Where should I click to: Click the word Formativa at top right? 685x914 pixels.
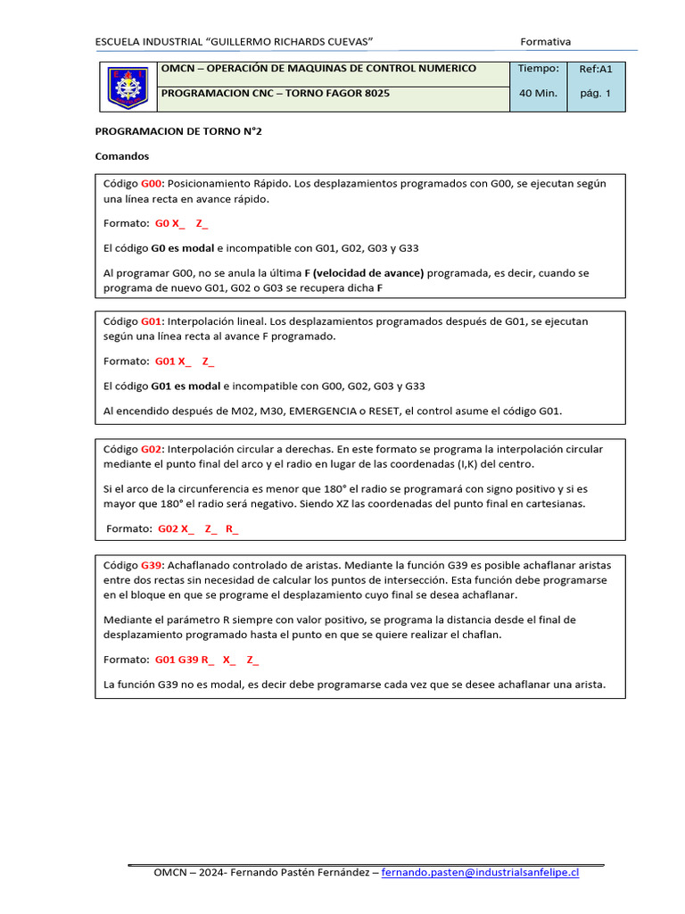pos(545,41)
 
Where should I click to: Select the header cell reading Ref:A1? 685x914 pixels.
pos(596,69)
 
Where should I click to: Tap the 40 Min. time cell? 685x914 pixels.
pos(538,93)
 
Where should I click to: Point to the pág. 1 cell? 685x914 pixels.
pos(596,93)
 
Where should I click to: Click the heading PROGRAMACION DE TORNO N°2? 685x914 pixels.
pos(178,130)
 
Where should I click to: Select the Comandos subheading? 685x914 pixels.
pos(121,155)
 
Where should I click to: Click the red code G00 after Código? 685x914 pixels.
pos(153,183)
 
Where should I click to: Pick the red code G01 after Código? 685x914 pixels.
pos(153,320)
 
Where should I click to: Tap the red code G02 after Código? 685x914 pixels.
pos(153,449)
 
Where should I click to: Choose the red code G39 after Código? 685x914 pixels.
pos(153,565)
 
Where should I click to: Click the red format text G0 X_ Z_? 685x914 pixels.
pos(181,224)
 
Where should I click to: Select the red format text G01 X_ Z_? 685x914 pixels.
pos(184,361)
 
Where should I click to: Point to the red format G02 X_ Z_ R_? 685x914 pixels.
pos(198,528)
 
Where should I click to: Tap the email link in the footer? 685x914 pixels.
pos(480,872)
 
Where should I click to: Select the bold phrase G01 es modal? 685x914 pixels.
pos(186,386)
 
